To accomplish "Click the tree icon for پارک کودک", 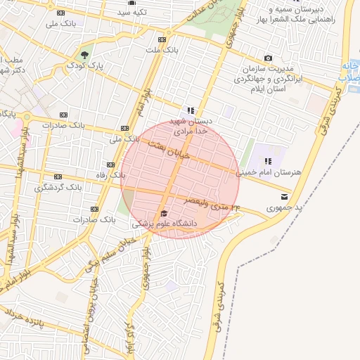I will tap(86, 54).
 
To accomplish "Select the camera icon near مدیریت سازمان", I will tap(268, 58).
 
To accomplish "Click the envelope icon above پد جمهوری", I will tap(284, 196).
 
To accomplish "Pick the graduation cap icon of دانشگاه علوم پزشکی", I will tap(164, 213).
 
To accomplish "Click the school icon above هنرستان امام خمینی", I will tap(268, 162).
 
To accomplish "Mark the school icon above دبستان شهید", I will tap(190, 110).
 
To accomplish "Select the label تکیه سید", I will tap(131, 13).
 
